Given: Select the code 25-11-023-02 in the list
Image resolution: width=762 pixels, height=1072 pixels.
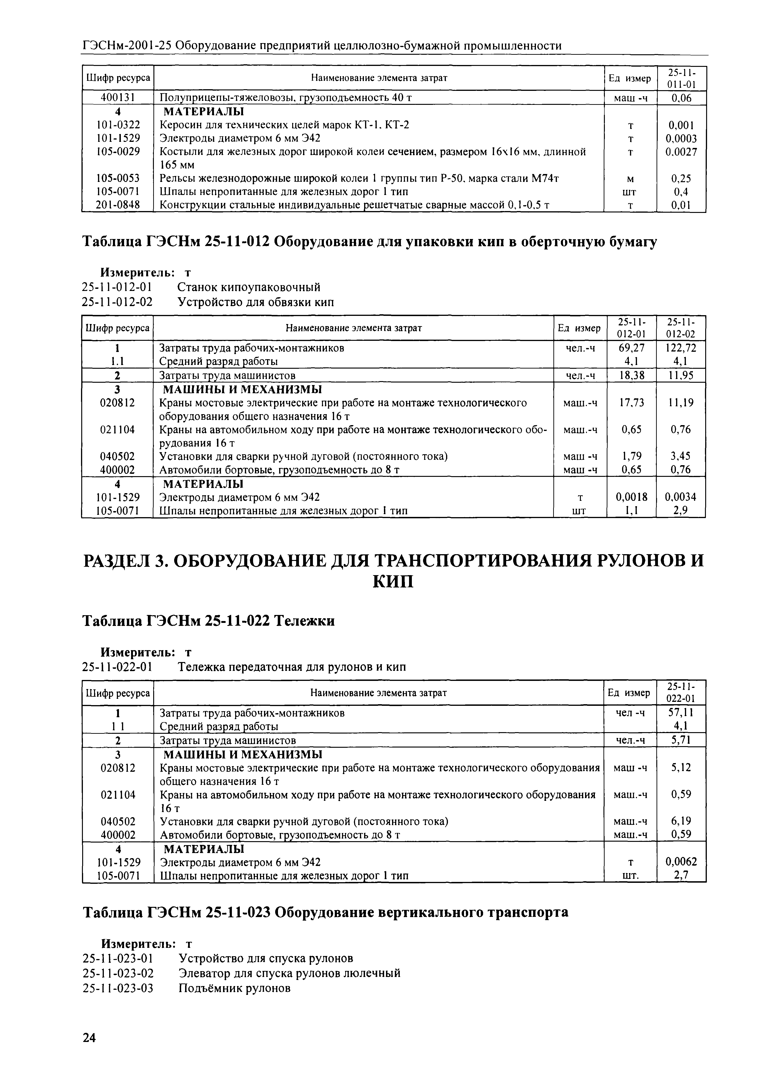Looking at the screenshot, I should point(118,973).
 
